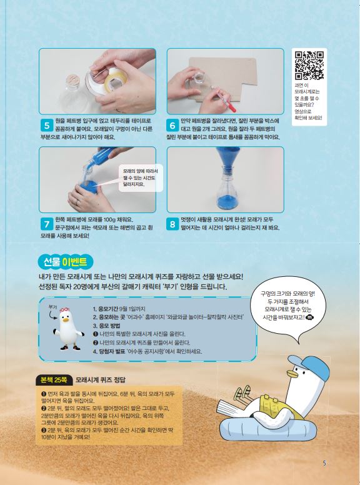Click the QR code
pos(309,66)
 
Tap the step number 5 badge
pos(46,126)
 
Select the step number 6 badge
pos(172,126)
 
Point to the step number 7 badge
pos(46,224)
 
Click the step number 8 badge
pos(172,224)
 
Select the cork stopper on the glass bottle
pos(72,80)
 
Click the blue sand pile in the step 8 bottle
pos(227,202)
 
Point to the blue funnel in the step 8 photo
pos(228,158)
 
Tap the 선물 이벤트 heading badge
pos(65,262)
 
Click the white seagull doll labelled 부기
pos(67,329)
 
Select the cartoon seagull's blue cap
pos(309,366)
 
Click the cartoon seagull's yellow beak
pos(292,374)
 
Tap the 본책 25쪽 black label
pos(54,380)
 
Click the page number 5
pos(324,463)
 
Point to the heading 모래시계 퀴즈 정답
pos(101,380)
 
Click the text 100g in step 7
pos(109,219)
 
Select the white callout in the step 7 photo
pos(141,178)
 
